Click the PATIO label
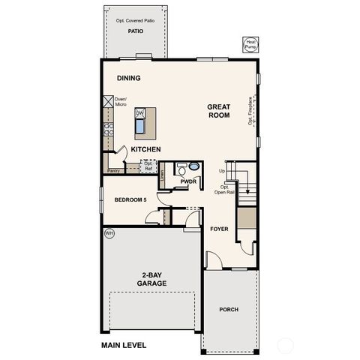135,32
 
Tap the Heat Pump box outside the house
250,45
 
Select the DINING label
129,78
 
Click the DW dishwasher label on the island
139,113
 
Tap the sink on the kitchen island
140,124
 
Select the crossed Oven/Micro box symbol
107,100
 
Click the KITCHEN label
146,150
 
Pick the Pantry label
113,171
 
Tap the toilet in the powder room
193,166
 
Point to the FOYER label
219,229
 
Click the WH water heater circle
108,233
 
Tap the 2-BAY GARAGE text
151,279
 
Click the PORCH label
229,309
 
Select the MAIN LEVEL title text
124,345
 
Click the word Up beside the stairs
222,171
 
